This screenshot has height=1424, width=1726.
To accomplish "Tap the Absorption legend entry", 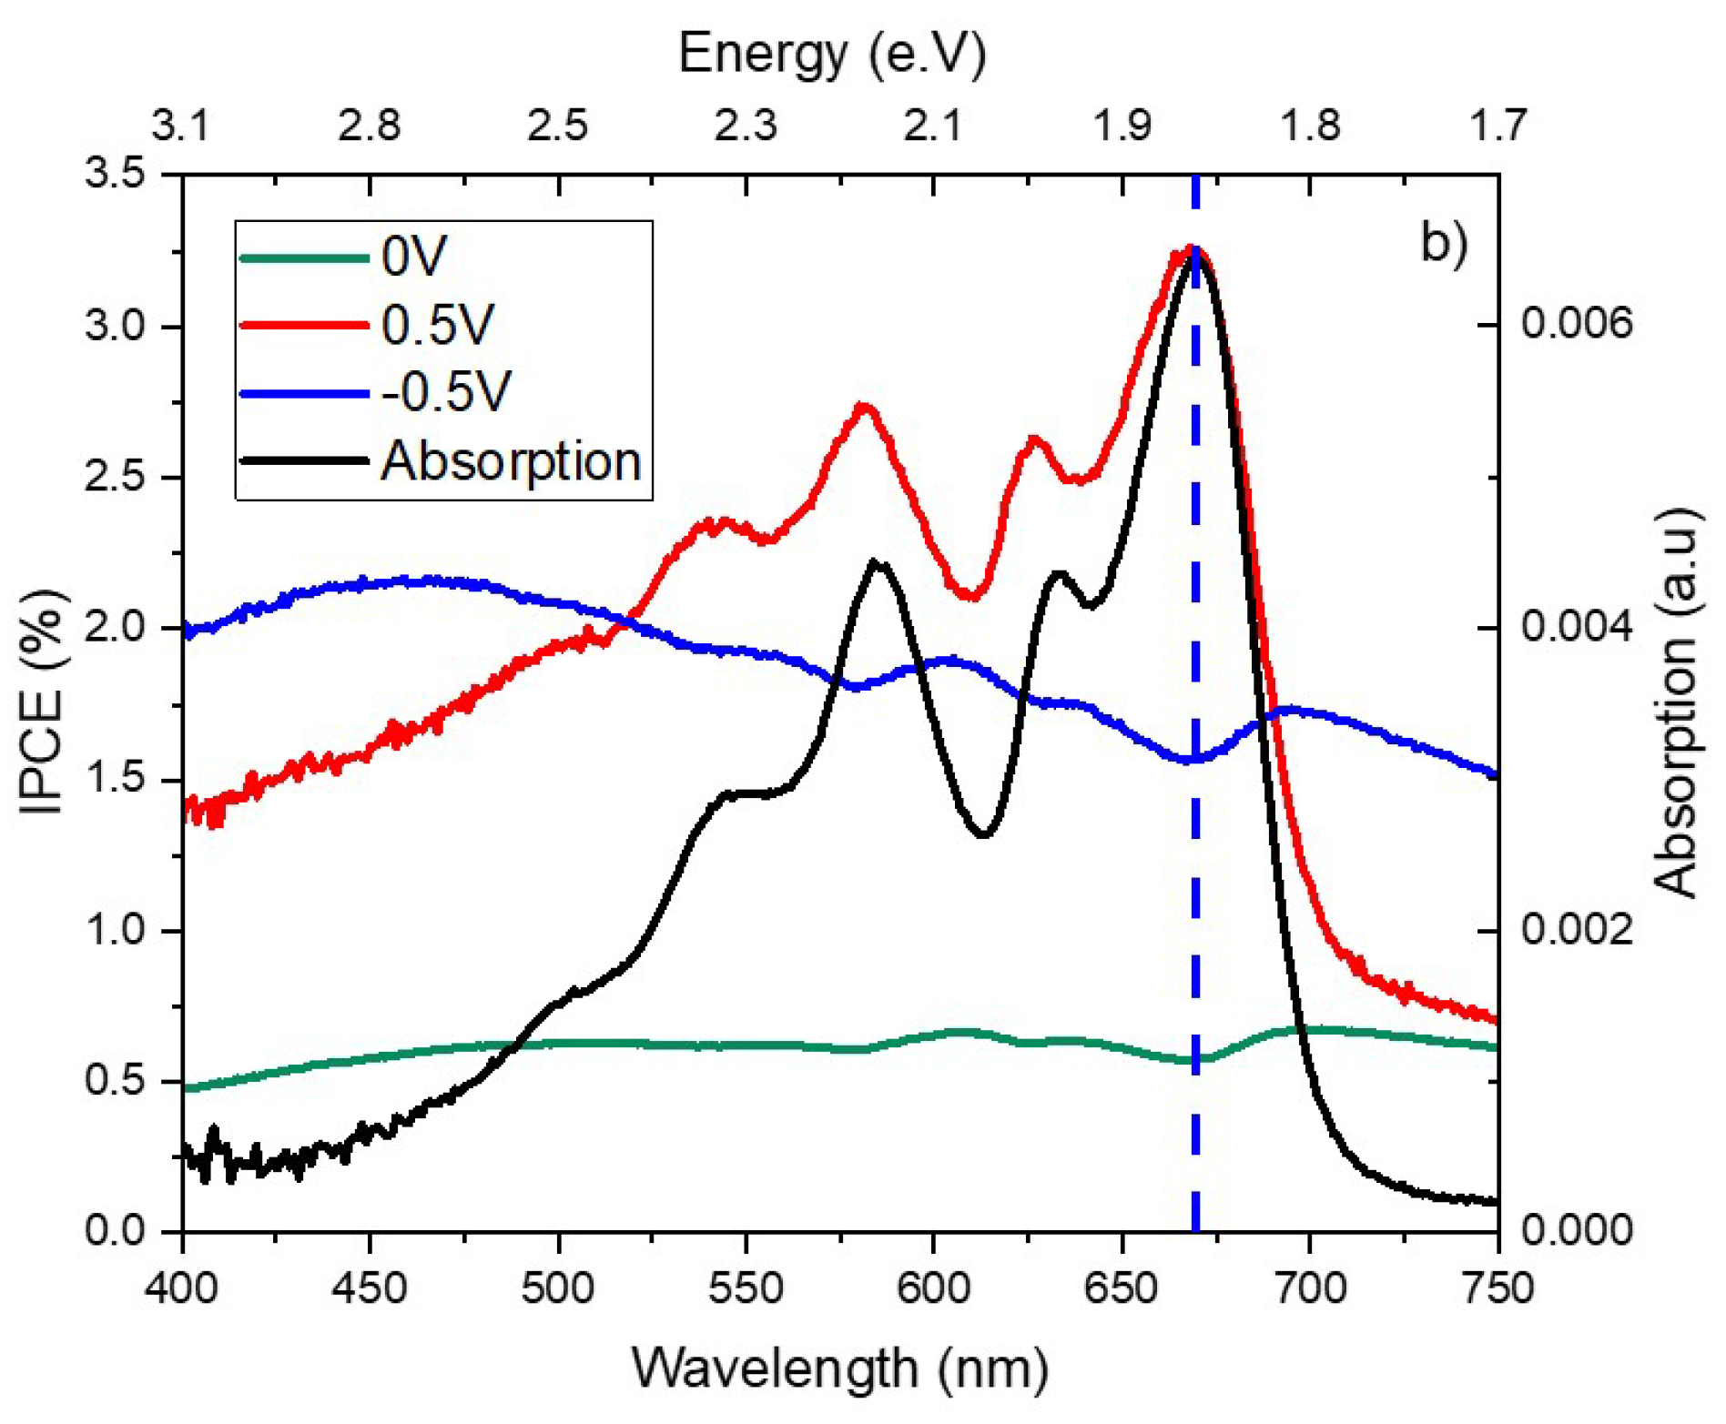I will [x=511, y=460].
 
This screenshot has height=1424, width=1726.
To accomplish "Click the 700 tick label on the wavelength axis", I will [x=1309, y=1288].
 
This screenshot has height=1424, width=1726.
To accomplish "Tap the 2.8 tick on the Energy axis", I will [x=370, y=126].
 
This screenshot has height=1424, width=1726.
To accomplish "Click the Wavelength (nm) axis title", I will [x=839, y=1368].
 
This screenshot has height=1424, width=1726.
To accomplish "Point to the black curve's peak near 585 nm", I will [x=876, y=561].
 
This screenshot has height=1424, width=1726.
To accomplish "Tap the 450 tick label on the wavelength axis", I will [x=370, y=1288].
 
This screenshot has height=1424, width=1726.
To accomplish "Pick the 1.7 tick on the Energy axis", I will [x=1498, y=126].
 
